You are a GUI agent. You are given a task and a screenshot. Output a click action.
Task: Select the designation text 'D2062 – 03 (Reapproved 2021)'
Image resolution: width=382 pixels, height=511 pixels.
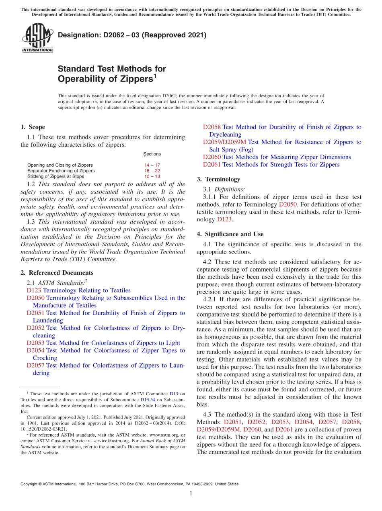(132, 35)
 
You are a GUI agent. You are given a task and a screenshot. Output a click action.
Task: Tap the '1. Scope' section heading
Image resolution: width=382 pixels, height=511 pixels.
(33, 127)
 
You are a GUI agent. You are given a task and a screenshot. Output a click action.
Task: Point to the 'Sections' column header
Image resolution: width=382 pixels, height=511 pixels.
(152, 154)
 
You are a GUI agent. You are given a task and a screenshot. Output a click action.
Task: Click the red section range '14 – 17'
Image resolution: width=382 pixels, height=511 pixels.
(152, 165)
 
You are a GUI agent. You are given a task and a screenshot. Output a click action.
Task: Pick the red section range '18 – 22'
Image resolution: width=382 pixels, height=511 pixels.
(152, 171)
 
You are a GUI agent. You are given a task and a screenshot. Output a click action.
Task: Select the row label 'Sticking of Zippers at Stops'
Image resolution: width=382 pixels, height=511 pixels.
(55, 176)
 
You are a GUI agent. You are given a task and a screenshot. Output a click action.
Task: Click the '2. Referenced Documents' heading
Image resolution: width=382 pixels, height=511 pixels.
(57, 273)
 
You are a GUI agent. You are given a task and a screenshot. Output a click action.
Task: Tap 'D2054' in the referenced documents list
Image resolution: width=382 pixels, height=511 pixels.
(35, 350)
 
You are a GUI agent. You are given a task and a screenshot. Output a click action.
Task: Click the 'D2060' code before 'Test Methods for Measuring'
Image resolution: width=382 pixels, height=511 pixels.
(212, 157)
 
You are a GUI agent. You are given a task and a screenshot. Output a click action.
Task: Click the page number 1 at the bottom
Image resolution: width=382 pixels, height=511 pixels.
(191, 493)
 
